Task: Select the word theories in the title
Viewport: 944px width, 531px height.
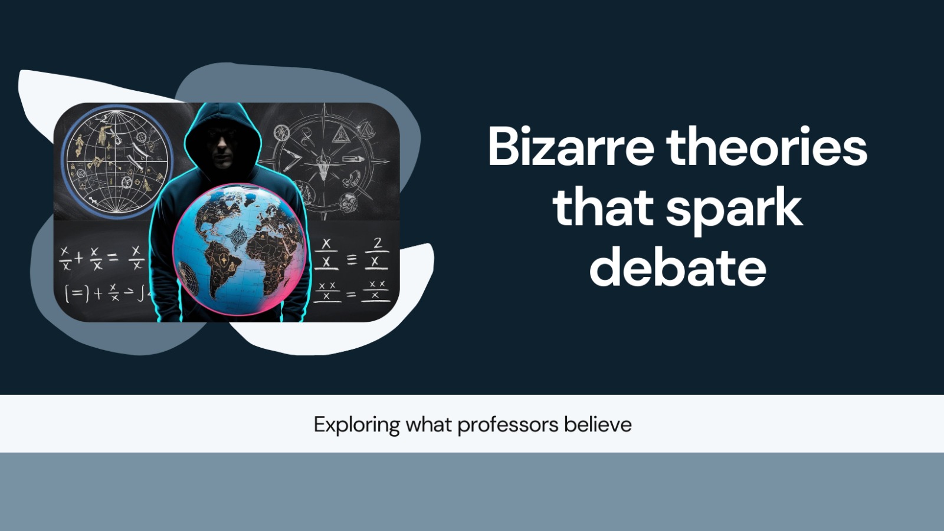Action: (766, 147)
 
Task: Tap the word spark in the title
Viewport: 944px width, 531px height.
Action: (734, 207)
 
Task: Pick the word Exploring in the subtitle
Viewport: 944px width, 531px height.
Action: (357, 425)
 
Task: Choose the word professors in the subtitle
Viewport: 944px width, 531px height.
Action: (507, 424)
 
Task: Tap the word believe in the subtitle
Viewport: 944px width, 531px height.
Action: (598, 424)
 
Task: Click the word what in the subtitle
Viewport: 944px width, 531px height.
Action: (429, 424)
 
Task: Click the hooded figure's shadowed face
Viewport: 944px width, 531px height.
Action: (224, 144)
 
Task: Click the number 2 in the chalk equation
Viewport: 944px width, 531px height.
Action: (378, 242)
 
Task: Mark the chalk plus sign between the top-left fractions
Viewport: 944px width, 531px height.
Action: (78, 258)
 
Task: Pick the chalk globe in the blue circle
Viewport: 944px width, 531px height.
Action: (117, 159)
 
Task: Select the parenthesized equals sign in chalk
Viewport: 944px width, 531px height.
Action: (77, 293)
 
